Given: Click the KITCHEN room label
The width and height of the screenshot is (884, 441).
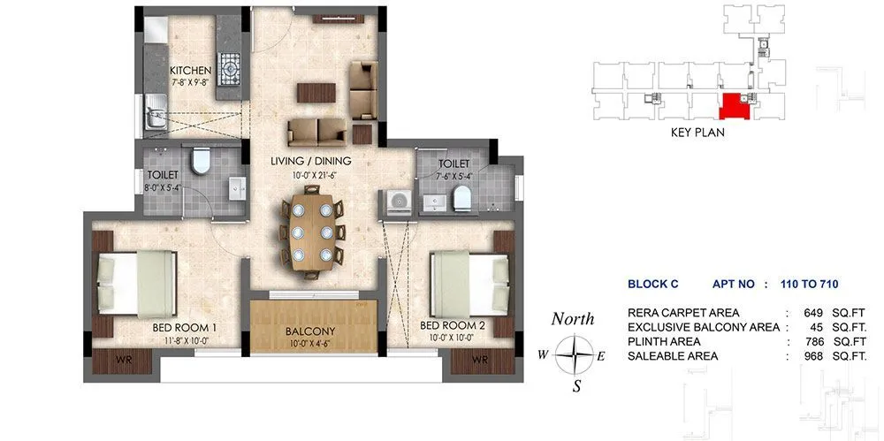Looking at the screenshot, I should coord(191,71).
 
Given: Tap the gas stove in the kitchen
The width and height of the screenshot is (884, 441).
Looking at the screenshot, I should coord(230,66).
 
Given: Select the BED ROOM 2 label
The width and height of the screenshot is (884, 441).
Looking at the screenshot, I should coord(452,323).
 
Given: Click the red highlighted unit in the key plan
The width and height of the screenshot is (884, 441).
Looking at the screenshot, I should coord(733,108).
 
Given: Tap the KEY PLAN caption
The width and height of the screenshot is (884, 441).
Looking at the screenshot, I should coord(697,133).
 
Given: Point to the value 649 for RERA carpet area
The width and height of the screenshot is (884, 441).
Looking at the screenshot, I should coord(814,313).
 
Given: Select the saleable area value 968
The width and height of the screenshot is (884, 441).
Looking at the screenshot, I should coord(814,355).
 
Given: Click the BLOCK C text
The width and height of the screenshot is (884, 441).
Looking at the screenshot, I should coord(652,284).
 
